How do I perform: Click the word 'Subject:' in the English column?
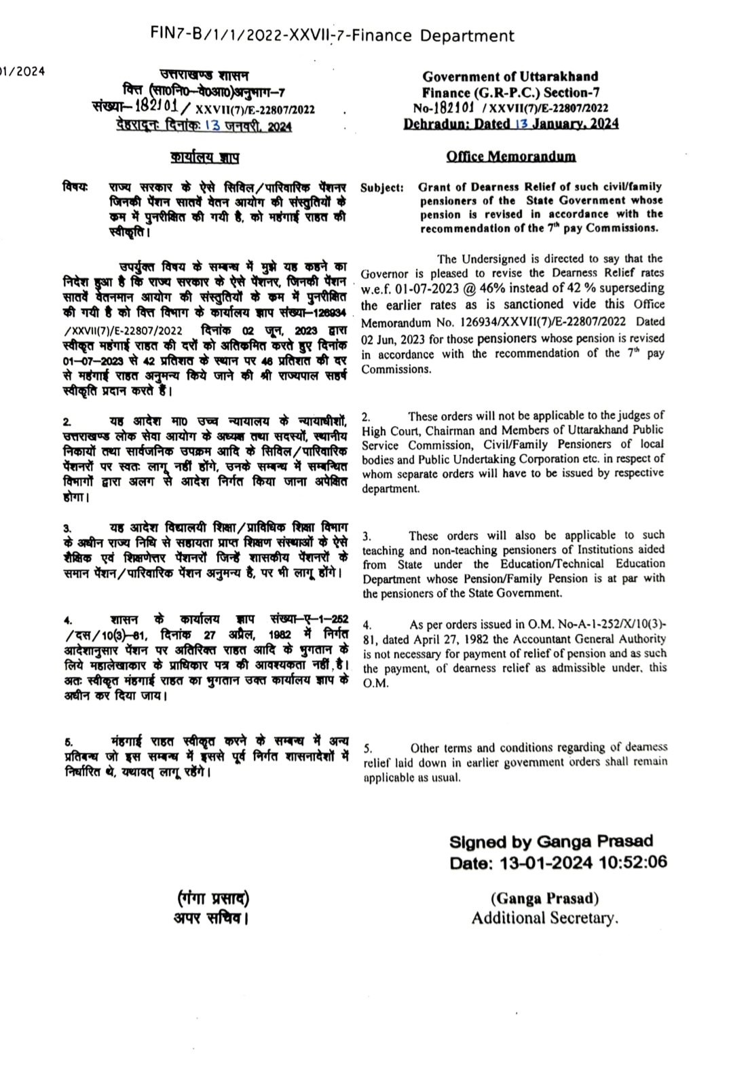coord(382,187)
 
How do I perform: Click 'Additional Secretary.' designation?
coord(546,919)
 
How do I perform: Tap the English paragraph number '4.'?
coord(366,624)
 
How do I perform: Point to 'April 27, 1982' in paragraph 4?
coord(441,639)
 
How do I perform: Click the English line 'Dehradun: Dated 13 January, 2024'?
coord(510,124)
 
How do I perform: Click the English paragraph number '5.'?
coord(366,749)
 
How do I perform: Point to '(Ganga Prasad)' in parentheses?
coord(545,899)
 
